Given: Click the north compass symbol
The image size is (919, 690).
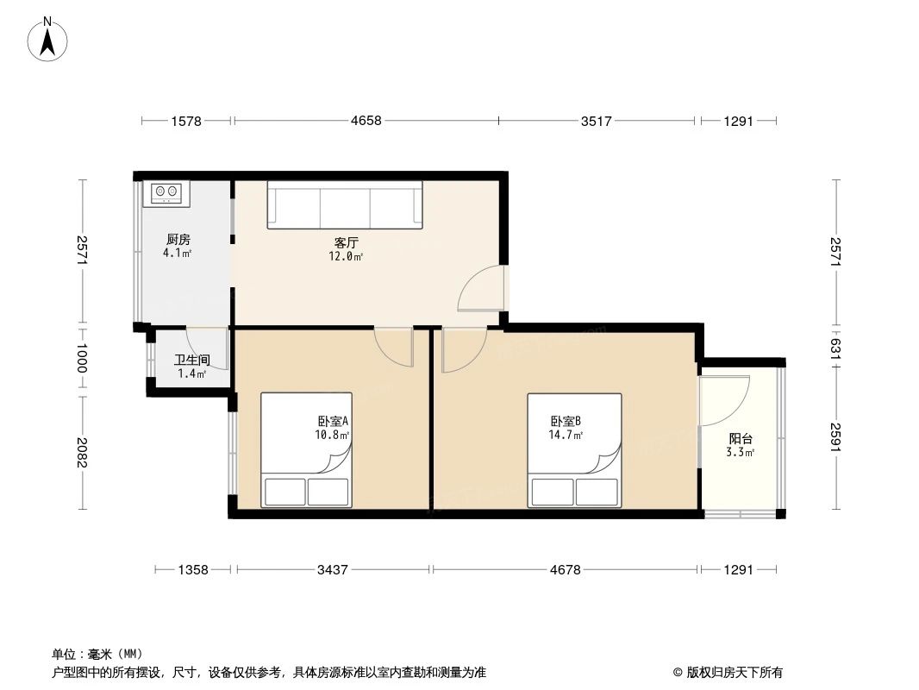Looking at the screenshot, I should pos(49,39).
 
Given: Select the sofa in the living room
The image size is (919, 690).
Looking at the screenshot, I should pos(345,204).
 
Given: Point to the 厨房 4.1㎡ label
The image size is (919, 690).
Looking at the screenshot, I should pos(178,247).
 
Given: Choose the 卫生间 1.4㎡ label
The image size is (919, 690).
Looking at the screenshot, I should pos(191,367).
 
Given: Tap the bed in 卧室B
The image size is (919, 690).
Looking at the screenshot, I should pos(574,450).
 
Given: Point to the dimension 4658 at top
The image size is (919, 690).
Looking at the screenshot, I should pos(366,122).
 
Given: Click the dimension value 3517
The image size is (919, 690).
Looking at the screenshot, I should pos(596,122).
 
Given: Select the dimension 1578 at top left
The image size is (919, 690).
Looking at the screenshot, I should pos(185,122).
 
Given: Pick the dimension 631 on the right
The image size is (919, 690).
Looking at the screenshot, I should pos(835,348).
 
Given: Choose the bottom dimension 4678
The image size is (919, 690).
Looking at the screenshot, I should pos(565,569).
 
